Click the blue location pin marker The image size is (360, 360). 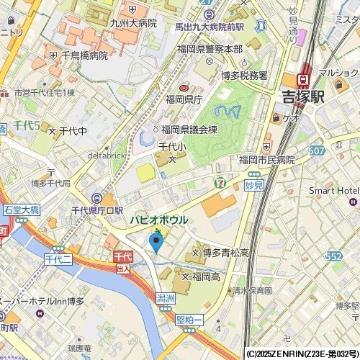pyautogui.click(x=156, y=242)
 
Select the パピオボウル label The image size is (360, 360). pyautogui.click(x=159, y=220)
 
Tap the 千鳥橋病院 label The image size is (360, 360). pyautogui.click(x=84, y=55)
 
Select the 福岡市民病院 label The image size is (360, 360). pyautogui.click(x=266, y=160)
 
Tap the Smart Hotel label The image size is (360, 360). pyautogui.click(x=333, y=190)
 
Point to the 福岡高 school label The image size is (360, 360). pyautogui.click(x=205, y=276)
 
